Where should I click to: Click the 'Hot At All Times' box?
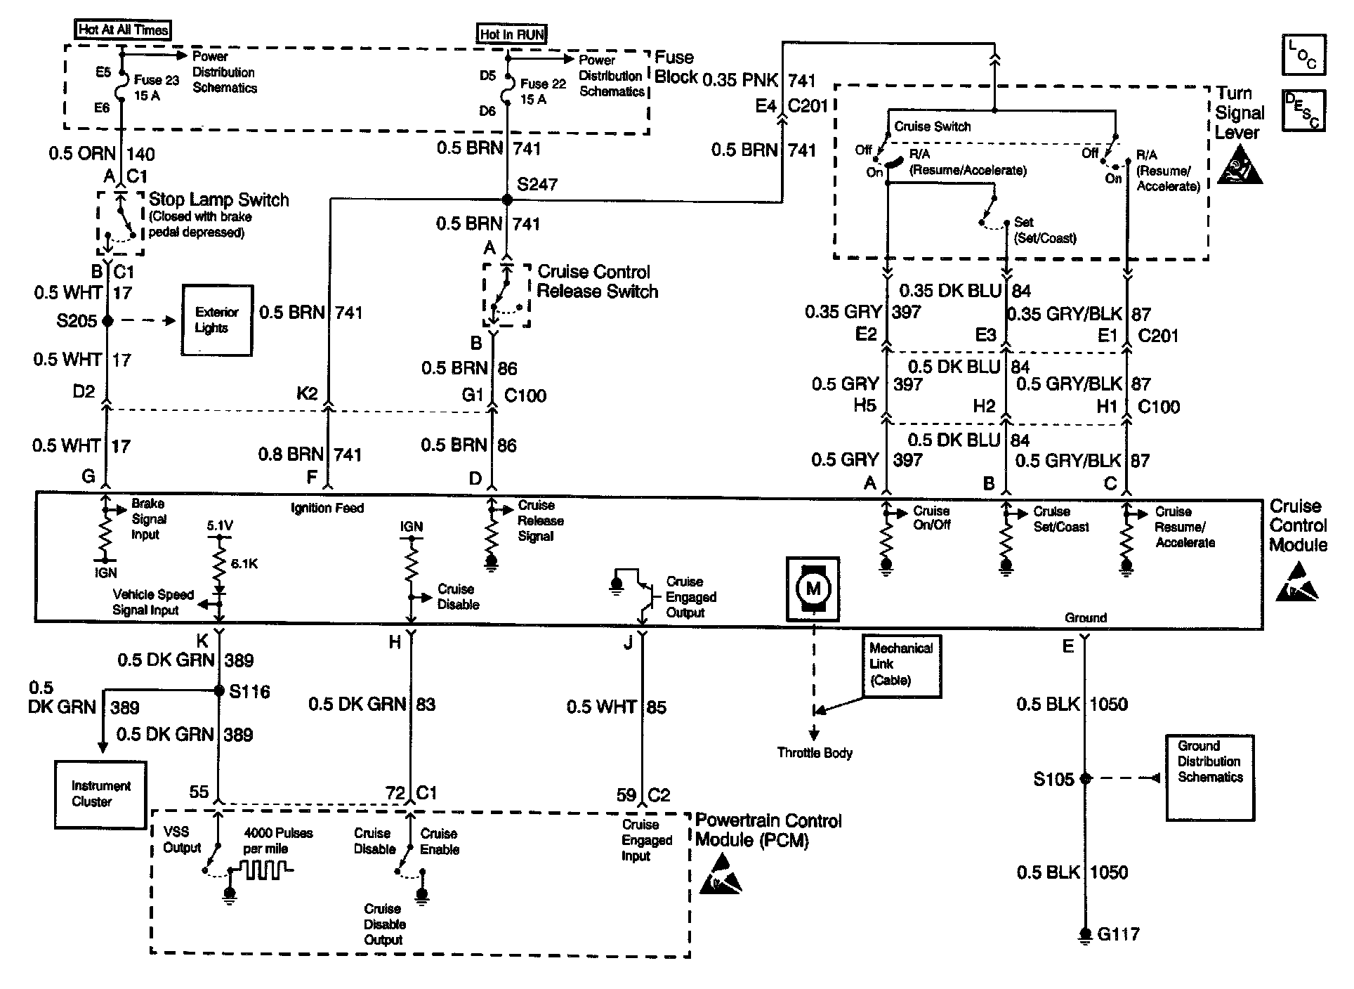[x=122, y=30]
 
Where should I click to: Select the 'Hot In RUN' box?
[x=512, y=34]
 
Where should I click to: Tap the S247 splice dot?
[x=507, y=200]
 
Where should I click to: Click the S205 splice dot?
[x=107, y=320]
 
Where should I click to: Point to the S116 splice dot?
[x=219, y=690]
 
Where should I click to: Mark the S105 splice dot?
[x=1086, y=778]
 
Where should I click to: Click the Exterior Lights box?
[x=217, y=320]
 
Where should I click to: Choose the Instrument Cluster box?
[x=101, y=794]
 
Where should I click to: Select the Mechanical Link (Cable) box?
[x=902, y=665]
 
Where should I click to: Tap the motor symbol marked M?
[x=813, y=589]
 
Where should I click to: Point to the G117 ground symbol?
[x=1086, y=935]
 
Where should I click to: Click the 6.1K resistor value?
[x=244, y=563]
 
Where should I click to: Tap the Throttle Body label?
[x=815, y=753]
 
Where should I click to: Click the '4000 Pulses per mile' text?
[x=279, y=841]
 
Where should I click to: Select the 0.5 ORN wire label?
[x=81, y=154]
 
